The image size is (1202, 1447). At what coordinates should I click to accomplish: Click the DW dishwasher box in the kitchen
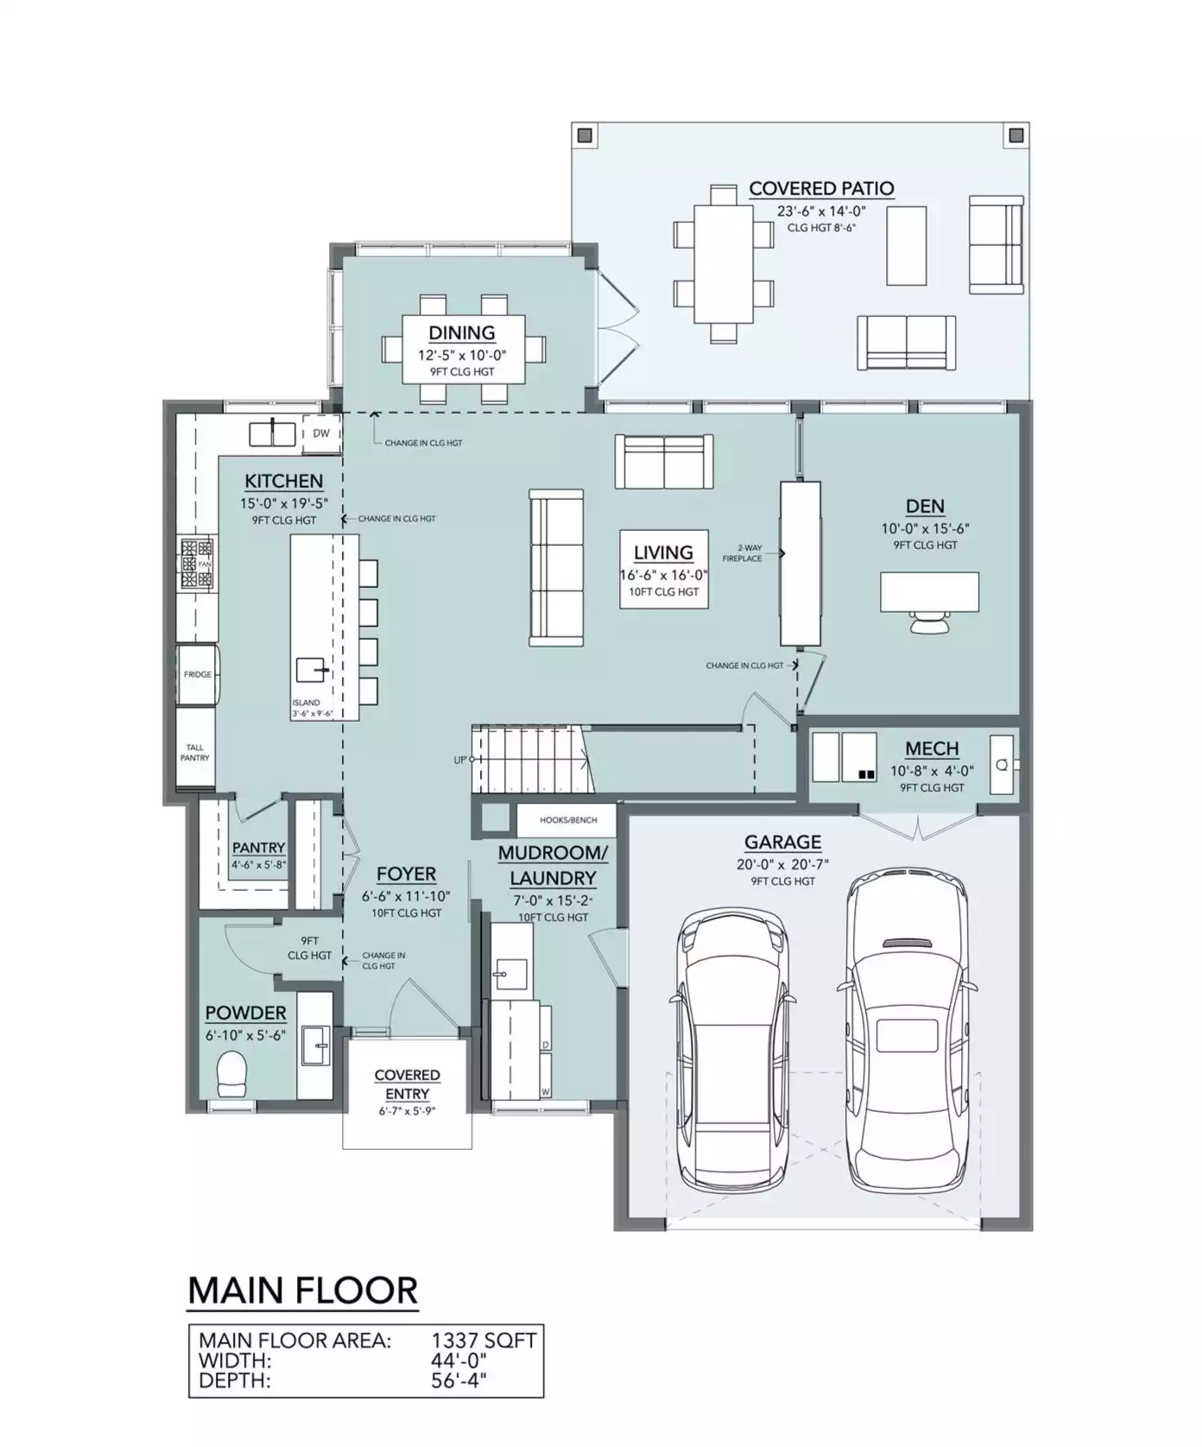[x=320, y=433]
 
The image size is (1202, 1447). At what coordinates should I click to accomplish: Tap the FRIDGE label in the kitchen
[x=198, y=674]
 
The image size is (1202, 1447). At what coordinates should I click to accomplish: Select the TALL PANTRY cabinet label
[x=195, y=753]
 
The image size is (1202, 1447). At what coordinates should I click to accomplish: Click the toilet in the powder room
[x=231, y=1073]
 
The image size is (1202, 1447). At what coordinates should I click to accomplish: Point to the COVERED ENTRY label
[x=408, y=1084]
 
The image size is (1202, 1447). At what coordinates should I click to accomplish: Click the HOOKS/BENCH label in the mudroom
[x=568, y=820]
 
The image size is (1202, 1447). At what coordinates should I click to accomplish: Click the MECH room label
[x=932, y=749]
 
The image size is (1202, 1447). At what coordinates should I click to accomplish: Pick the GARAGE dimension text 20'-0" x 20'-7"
[x=782, y=864]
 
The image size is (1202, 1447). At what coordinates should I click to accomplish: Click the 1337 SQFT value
[x=484, y=1340]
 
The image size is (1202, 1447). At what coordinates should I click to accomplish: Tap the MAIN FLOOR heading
[x=303, y=1291]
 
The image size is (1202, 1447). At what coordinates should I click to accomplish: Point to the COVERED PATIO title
[x=821, y=188]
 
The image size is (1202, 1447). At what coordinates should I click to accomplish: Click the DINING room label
[x=462, y=332]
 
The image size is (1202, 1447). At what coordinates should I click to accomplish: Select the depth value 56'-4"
[x=459, y=1380]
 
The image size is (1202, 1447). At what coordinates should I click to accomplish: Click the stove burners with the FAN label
[x=197, y=564]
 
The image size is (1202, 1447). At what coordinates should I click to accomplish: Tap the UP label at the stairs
[x=460, y=761]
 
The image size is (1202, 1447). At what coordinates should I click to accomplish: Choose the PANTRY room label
[x=258, y=848]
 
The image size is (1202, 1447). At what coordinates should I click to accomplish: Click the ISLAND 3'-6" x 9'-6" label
[x=312, y=708]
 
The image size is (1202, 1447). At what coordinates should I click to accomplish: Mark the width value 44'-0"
[x=459, y=1360]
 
